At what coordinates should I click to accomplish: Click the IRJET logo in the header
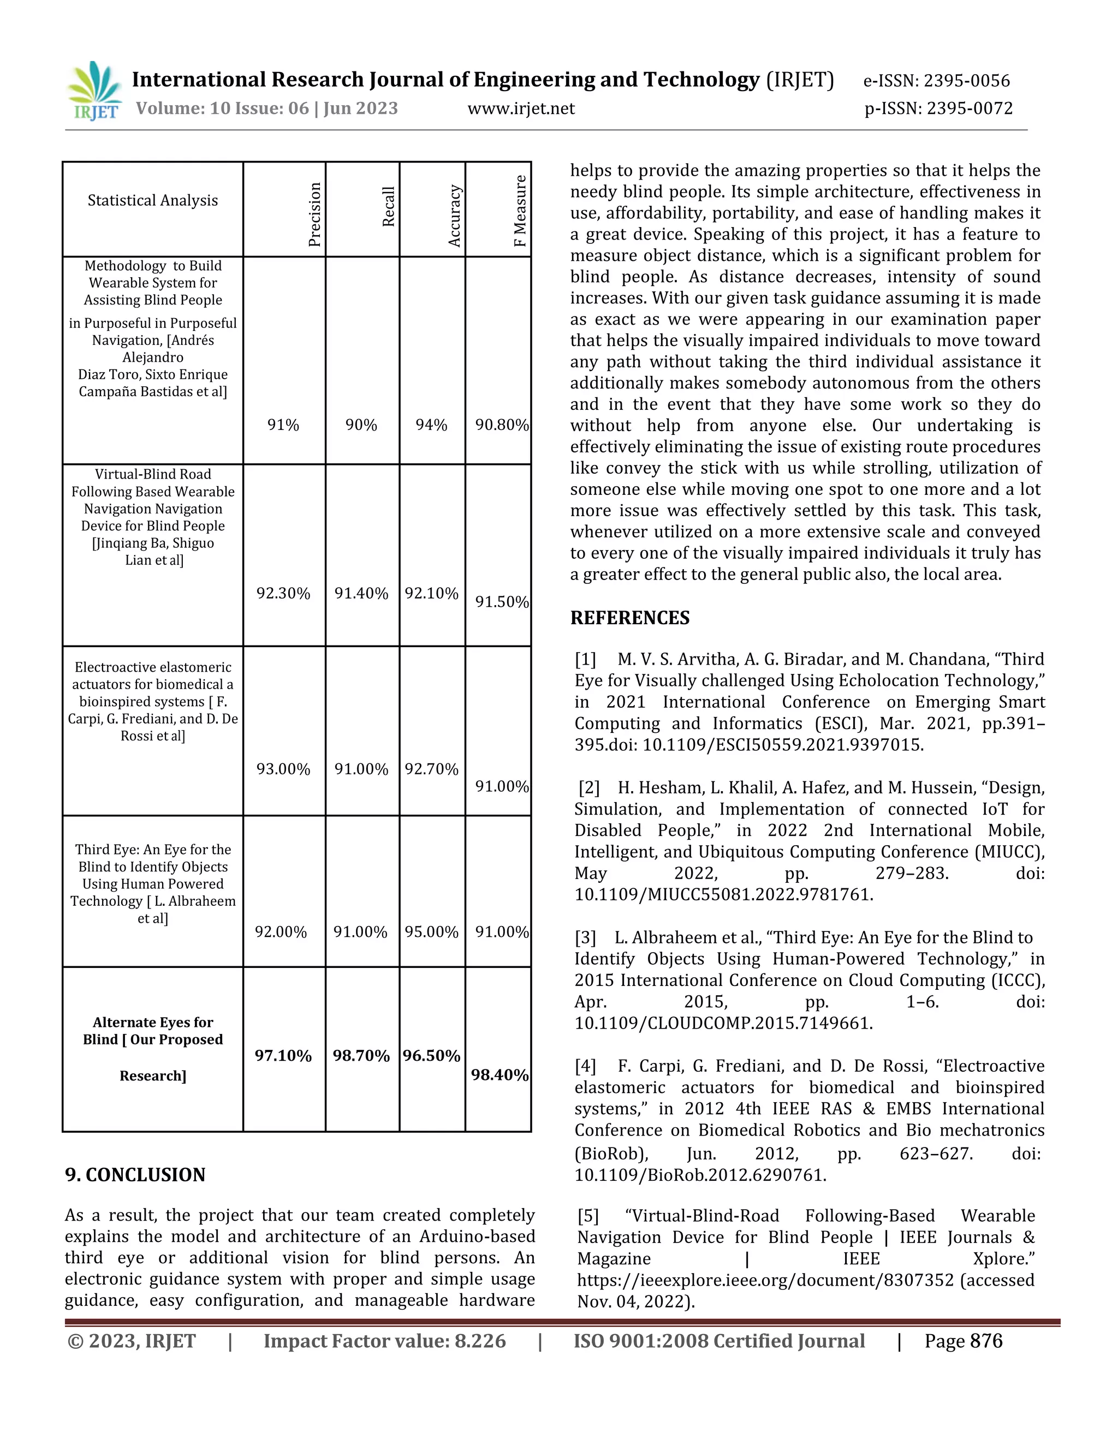(94, 91)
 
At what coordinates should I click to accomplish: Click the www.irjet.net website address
(521, 109)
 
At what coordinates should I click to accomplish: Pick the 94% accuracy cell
(431, 425)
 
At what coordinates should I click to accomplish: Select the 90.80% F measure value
(501, 425)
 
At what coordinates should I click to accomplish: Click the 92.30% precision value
(283, 593)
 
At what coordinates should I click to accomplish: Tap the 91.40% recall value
(361, 593)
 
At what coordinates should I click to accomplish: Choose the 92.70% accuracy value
(431, 769)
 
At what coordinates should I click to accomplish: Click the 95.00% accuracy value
(431, 931)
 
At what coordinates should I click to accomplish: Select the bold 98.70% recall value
(361, 1055)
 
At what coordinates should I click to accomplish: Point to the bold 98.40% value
(499, 1074)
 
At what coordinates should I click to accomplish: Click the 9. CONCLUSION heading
(135, 1175)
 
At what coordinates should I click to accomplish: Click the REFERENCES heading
(629, 618)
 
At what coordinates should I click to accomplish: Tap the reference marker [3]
(586, 937)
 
